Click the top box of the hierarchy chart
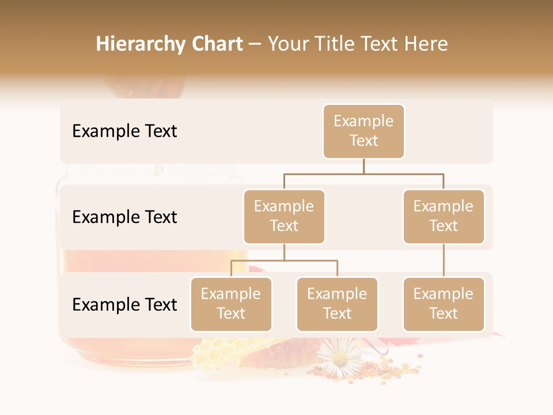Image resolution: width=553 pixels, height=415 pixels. coord(363,131)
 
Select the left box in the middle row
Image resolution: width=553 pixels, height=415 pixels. coord(284,217)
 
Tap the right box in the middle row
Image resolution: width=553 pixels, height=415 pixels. coord(444,217)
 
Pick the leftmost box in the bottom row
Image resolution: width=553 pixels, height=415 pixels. coord(231,304)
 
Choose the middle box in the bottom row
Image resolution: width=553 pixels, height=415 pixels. coord(337,304)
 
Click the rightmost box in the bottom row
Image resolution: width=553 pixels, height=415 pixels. coord(444,304)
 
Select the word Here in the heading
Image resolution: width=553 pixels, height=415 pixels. coord(426,44)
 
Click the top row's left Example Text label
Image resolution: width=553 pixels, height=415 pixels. coord(124,131)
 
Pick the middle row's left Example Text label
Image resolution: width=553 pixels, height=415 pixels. coord(124,217)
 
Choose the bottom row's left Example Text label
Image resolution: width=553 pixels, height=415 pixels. coord(124,304)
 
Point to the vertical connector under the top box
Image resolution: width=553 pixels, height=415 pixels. coord(363,166)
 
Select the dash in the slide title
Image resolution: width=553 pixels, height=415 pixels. coord(255,44)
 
